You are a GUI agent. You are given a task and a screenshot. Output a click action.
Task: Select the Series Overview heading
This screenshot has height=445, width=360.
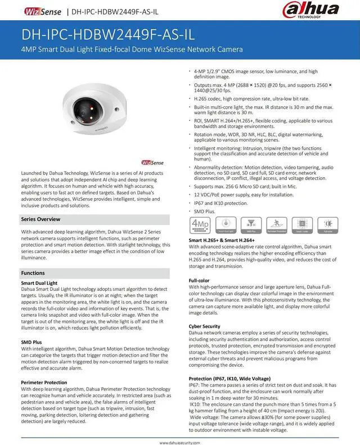(40, 219)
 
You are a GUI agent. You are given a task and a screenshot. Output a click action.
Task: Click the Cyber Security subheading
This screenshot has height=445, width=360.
(205, 326)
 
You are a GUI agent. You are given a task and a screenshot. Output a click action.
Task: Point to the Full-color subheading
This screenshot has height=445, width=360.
(200, 280)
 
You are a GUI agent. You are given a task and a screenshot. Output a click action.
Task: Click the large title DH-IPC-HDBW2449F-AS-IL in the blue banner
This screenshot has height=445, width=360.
(107, 34)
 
